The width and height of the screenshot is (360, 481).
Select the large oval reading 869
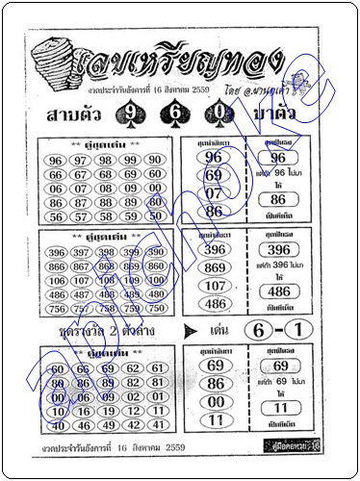tap(214, 266)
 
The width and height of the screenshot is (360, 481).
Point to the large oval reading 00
tap(214, 401)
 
